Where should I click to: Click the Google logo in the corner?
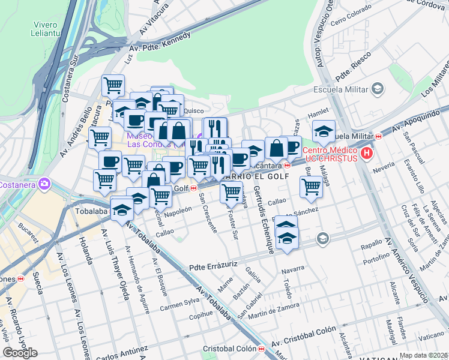[x=20, y=353]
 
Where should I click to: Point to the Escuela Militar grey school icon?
[x=378, y=89]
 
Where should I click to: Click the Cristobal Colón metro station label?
[x=230, y=349]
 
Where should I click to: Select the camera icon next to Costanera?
[x=44, y=183]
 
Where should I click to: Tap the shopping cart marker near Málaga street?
[x=310, y=186]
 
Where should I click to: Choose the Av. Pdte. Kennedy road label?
[x=160, y=44]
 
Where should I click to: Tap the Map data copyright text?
[x=424, y=355]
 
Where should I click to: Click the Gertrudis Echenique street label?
[x=264, y=219]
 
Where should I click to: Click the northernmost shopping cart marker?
[x=112, y=85]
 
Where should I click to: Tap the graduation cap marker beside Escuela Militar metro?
[x=324, y=131]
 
